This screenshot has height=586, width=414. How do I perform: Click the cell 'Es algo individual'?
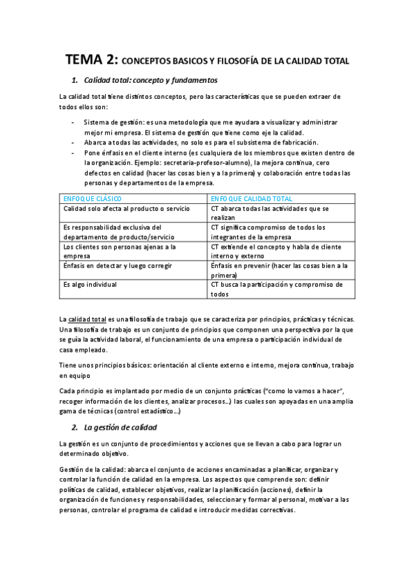90,284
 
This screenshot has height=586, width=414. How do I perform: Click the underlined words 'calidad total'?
86,319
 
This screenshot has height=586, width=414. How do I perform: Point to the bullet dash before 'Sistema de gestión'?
73,122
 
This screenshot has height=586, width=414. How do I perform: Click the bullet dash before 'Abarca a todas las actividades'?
73,142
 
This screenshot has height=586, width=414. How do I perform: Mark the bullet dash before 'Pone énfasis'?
73,153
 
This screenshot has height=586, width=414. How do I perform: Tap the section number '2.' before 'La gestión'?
75,428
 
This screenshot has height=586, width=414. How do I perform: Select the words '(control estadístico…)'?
142,412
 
